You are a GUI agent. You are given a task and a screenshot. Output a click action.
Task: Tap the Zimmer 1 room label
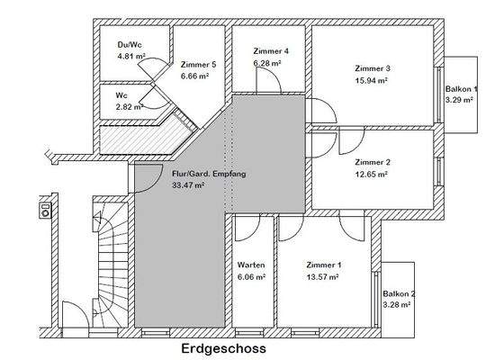pyautogui.click(x=323, y=266)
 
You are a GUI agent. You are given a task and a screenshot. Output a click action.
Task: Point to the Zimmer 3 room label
pyautogui.click(x=373, y=69)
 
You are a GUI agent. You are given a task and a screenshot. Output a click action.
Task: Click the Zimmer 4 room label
pyautogui.click(x=271, y=51)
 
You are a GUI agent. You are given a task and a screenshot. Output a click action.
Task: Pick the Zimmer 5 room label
pyautogui.click(x=198, y=65)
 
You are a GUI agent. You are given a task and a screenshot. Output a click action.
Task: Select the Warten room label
pyautogui.click(x=250, y=266)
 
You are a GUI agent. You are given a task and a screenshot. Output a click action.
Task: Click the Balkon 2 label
pyautogui.click(x=399, y=294)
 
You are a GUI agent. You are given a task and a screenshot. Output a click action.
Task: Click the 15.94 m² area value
pyautogui.click(x=371, y=80)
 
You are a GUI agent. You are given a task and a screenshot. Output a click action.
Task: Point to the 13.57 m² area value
pyautogui.click(x=321, y=277)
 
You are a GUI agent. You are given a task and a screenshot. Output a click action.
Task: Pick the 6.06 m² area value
pyautogui.click(x=250, y=277)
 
